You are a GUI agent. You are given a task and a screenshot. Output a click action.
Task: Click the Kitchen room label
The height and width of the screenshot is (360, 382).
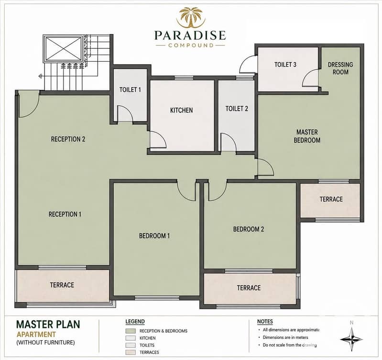click(x=182, y=110)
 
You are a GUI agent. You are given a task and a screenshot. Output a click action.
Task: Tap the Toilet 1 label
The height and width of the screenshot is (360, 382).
click(x=130, y=90)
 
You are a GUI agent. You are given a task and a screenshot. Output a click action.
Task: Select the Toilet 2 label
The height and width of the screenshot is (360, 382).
click(x=237, y=109)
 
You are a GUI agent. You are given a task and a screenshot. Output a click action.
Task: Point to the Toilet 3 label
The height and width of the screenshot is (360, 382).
click(x=285, y=65)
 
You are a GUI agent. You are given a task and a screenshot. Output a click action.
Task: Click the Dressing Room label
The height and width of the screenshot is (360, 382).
click(x=340, y=68)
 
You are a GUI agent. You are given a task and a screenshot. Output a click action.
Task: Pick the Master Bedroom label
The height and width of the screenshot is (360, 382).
click(x=307, y=136)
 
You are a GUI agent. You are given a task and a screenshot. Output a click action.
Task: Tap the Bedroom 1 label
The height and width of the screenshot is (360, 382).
click(x=154, y=236)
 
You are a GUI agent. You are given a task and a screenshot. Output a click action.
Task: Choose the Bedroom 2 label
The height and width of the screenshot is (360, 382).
click(x=249, y=229)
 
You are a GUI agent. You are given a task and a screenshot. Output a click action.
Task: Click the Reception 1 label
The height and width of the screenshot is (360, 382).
click(x=65, y=214)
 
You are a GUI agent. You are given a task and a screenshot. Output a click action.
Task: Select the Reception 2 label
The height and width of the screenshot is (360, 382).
click(x=68, y=139)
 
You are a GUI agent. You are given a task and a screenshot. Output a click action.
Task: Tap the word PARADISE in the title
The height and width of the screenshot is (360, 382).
click(x=190, y=35)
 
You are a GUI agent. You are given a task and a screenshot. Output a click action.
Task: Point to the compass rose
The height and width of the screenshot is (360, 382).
click(x=351, y=339)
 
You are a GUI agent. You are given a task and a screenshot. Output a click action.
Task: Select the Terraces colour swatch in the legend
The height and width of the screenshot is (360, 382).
click(x=131, y=352)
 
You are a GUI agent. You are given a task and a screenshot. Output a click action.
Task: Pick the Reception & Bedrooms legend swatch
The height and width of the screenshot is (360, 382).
click(x=131, y=331)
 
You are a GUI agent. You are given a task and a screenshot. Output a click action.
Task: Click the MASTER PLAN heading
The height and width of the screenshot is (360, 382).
click(x=48, y=325)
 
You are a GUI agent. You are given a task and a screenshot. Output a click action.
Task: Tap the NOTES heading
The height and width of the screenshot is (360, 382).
click(x=265, y=322)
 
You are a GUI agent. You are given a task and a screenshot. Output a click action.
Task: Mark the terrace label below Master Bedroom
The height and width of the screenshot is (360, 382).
click(x=331, y=199)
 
